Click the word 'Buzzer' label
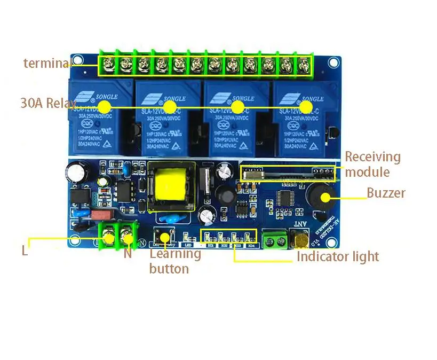tap(386, 193)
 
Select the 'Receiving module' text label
tap(372, 164)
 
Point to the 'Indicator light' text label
tap(338, 256)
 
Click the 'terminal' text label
tap(46, 63)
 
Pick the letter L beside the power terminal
tap(25, 251)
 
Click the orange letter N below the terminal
tap(128, 253)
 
